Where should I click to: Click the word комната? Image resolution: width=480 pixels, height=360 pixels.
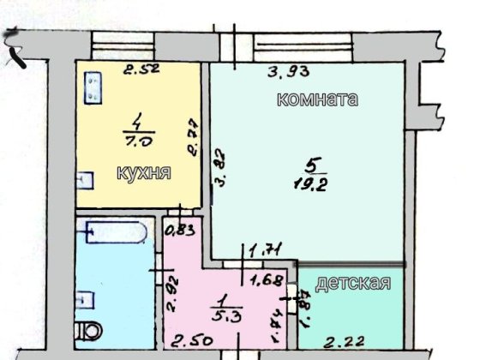tap(316, 99)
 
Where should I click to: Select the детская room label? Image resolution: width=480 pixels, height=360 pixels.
tap(354, 283)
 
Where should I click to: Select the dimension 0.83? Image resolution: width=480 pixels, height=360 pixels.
tap(178, 230)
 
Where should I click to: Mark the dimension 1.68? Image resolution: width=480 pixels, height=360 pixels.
tap(264, 278)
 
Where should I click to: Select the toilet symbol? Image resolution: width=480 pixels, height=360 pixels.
tap(90, 329)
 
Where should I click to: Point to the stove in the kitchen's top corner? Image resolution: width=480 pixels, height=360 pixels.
tap(92, 87)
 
